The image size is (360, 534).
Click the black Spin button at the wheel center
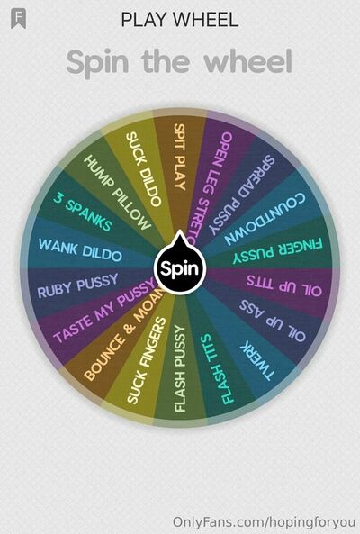tap(180, 267)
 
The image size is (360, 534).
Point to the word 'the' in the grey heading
tap(165, 61)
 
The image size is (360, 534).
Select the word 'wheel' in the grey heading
tap(248, 61)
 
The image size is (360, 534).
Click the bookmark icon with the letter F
tap(18, 18)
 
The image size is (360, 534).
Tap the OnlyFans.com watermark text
tap(264, 522)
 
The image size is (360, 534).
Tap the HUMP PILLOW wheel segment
tap(117, 193)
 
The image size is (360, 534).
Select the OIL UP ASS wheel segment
tap(272, 320)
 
